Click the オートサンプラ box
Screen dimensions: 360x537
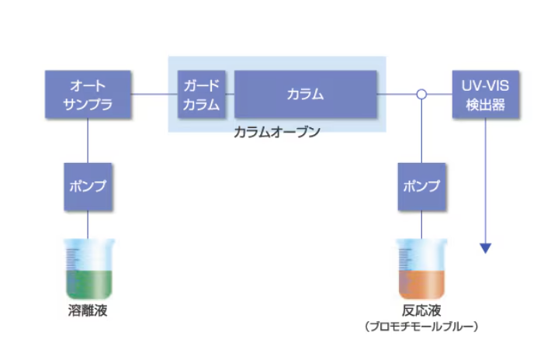point(88,95)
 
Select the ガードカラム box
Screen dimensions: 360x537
point(201,95)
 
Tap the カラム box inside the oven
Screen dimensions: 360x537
point(305,95)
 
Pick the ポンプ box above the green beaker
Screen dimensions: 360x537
point(88,187)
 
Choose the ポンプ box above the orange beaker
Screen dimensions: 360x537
point(421,187)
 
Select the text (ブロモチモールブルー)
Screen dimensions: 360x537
point(421,327)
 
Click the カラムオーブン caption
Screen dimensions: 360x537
point(276,133)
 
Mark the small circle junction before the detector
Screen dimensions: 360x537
point(421,95)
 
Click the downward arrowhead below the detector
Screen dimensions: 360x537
point(486,248)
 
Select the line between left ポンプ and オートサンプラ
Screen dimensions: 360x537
point(88,140)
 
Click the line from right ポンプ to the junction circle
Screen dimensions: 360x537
point(421,132)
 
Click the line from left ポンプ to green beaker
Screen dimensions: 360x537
point(88,225)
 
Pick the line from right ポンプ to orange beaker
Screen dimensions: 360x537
point(421,225)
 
